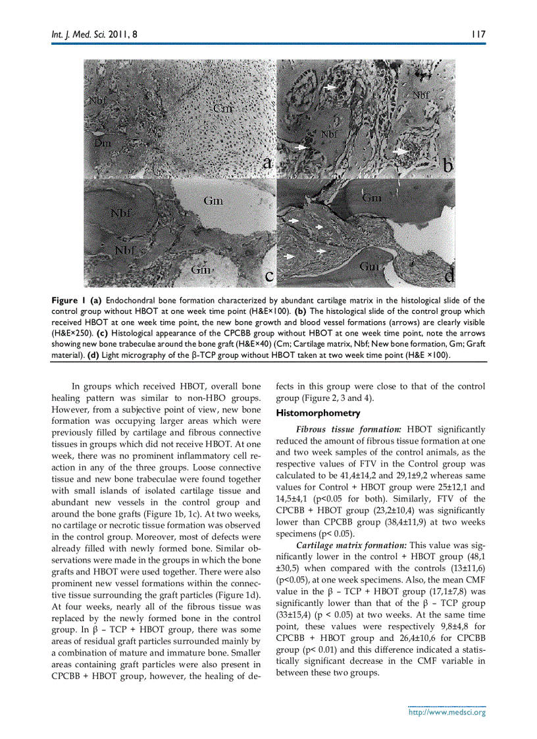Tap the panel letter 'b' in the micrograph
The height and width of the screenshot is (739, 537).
point(447,166)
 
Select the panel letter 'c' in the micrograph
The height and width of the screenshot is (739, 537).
point(269,276)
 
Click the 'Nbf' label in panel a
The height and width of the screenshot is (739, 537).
point(97,100)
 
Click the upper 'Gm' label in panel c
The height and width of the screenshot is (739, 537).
point(213,201)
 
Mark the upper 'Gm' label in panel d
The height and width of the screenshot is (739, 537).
point(372,197)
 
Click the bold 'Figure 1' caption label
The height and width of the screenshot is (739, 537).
point(68,301)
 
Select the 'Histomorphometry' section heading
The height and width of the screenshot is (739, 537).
point(318,413)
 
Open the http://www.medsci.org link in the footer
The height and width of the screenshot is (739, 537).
point(447,712)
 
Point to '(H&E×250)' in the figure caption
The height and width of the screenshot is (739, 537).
point(72,334)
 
